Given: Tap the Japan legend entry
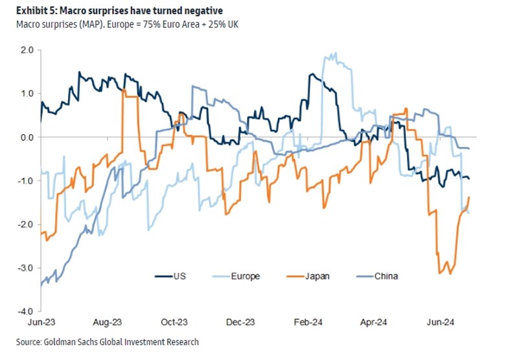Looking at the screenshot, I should click(x=317, y=276).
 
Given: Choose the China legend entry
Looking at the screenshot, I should click(x=385, y=276).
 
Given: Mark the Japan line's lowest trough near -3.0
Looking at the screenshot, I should click(x=450, y=274).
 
